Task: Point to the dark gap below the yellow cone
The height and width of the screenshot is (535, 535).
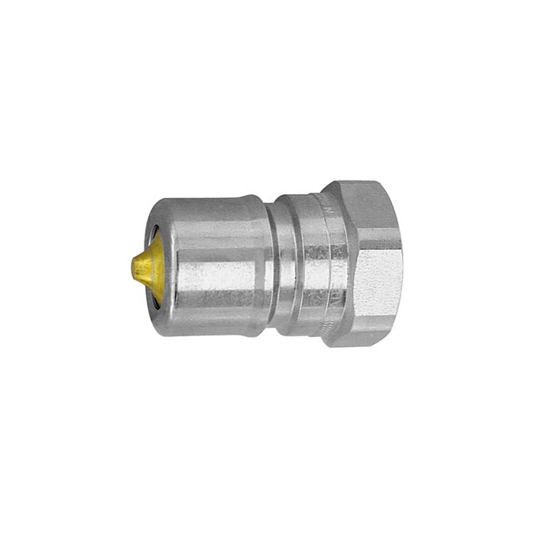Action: coord(155,301)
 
